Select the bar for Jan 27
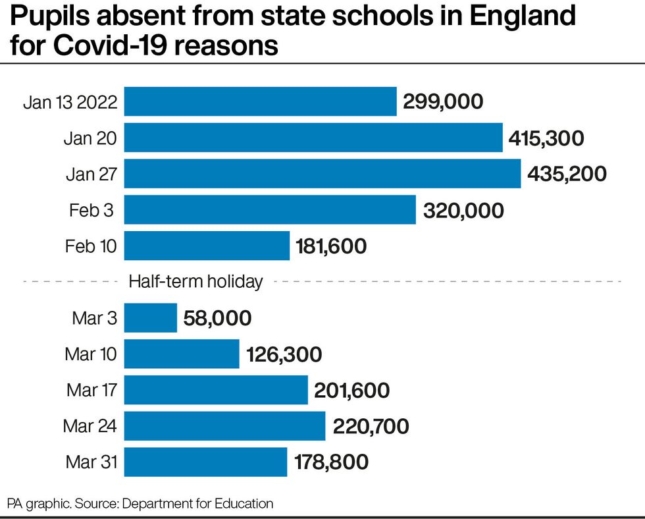point(322,174)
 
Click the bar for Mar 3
point(151,318)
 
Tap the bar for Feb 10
point(207,246)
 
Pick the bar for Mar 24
point(224,426)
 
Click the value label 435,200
point(567,174)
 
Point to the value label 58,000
point(218,319)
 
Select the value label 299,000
point(443,102)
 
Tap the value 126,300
point(284,355)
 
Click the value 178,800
point(331,462)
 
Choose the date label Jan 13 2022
point(70,102)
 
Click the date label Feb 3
point(91,210)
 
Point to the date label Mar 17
point(91,391)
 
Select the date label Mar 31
point(91,462)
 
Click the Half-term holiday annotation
point(195,282)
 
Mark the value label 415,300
point(546,138)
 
